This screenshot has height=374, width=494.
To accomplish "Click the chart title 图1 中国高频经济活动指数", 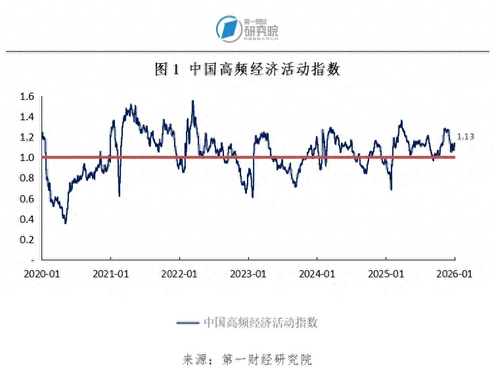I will (x=248, y=69).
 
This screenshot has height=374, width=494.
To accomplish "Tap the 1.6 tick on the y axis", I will (x=27, y=97).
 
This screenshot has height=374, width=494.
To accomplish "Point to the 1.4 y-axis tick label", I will (x=27, y=117).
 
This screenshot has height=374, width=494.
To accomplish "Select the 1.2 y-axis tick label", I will (x=27, y=137).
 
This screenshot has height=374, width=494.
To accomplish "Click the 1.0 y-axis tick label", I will (x=27, y=158).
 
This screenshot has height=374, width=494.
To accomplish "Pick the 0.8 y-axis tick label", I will (x=27, y=178).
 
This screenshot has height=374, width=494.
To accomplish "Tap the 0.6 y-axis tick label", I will (x=27, y=199).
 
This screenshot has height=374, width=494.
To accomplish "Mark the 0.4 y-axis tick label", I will (x=27, y=219).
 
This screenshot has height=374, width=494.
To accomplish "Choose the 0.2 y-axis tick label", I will (x=27, y=239).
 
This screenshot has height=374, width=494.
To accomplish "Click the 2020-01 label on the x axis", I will (x=42, y=273).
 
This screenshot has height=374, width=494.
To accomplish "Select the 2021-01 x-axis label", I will (x=111, y=273).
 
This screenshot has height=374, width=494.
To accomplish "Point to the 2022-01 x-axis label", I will (x=179, y=273).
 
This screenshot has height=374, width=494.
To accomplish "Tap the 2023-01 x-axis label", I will (x=248, y=273).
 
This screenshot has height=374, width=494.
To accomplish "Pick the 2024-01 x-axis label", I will (x=317, y=273).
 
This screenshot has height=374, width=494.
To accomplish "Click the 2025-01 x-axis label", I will (x=386, y=273).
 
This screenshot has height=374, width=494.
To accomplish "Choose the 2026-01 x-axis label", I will (x=455, y=273).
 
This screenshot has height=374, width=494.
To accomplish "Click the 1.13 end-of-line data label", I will (x=465, y=136).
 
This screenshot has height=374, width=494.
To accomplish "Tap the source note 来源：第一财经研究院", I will (x=247, y=360).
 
